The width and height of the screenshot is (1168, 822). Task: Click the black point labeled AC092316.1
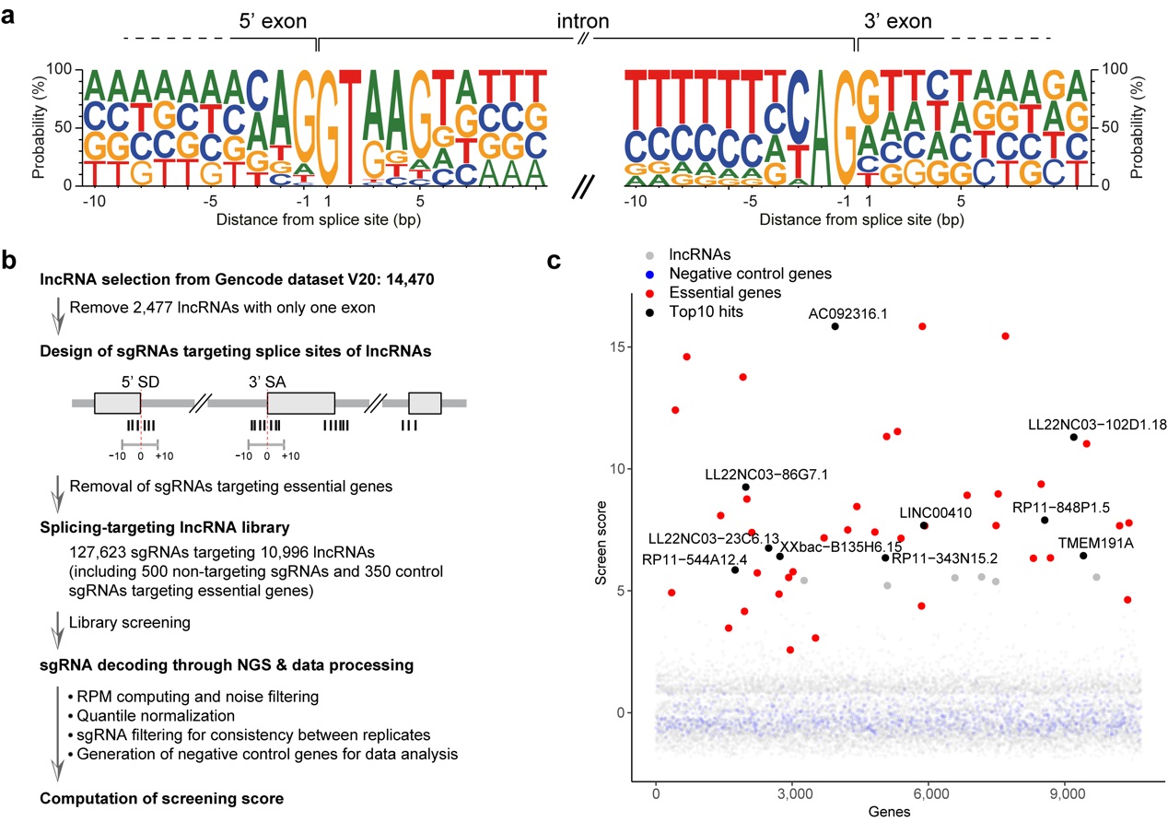[x=835, y=326]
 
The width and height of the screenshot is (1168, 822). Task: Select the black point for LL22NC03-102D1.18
[x=1074, y=437]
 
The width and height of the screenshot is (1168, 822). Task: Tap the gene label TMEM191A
[x=1095, y=543]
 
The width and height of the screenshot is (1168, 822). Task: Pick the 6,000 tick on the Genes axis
[x=929, y=793]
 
